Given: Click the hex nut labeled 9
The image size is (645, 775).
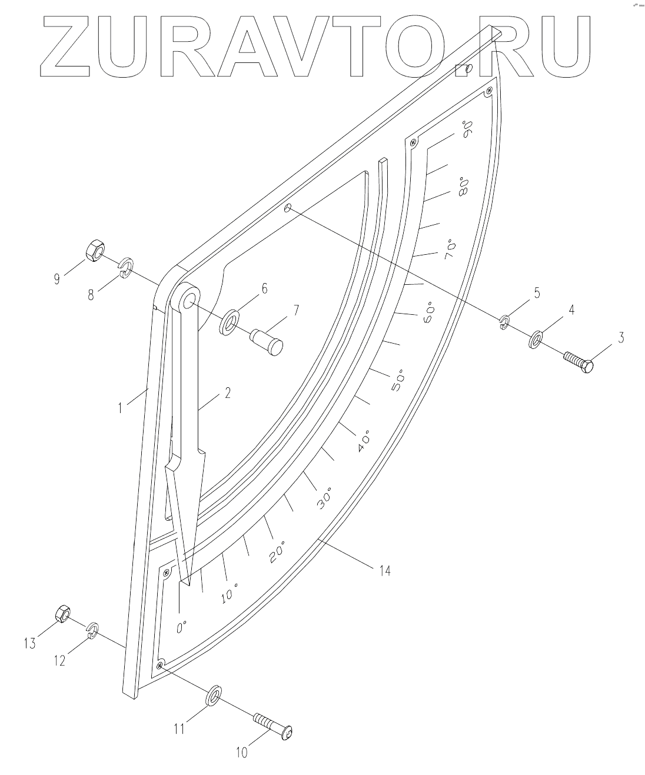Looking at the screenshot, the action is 95,251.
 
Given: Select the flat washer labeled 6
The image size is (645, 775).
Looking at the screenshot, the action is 230,321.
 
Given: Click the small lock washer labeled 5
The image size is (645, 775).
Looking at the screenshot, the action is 504,322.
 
